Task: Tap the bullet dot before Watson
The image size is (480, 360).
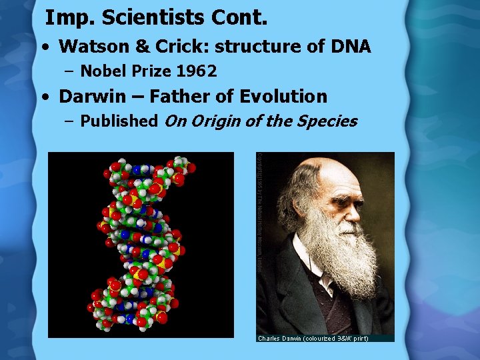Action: click(x=45, y=47)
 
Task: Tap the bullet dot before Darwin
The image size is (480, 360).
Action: click(x=45, y=97)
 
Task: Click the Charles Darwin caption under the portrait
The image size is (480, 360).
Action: click(x=313, y=338)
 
